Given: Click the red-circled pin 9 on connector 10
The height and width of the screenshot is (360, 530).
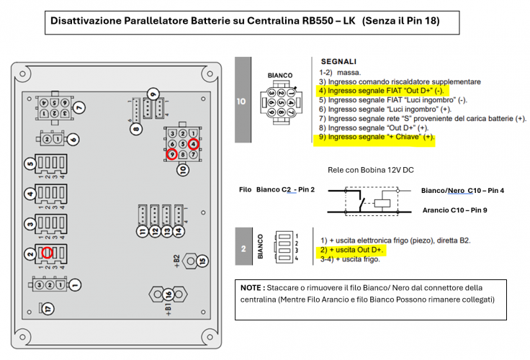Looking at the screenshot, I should pos(171,154).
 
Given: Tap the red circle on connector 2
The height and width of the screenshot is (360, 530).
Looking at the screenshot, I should pos(47,252).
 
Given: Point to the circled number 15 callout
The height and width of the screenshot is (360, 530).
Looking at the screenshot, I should pos(202,260).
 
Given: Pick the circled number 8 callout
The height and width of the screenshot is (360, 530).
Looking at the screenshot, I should pos(136,129).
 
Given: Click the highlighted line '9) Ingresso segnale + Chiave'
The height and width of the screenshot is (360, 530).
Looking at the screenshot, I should pos(377,136).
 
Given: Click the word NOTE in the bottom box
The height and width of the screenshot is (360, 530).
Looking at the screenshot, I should pos(253,287).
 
